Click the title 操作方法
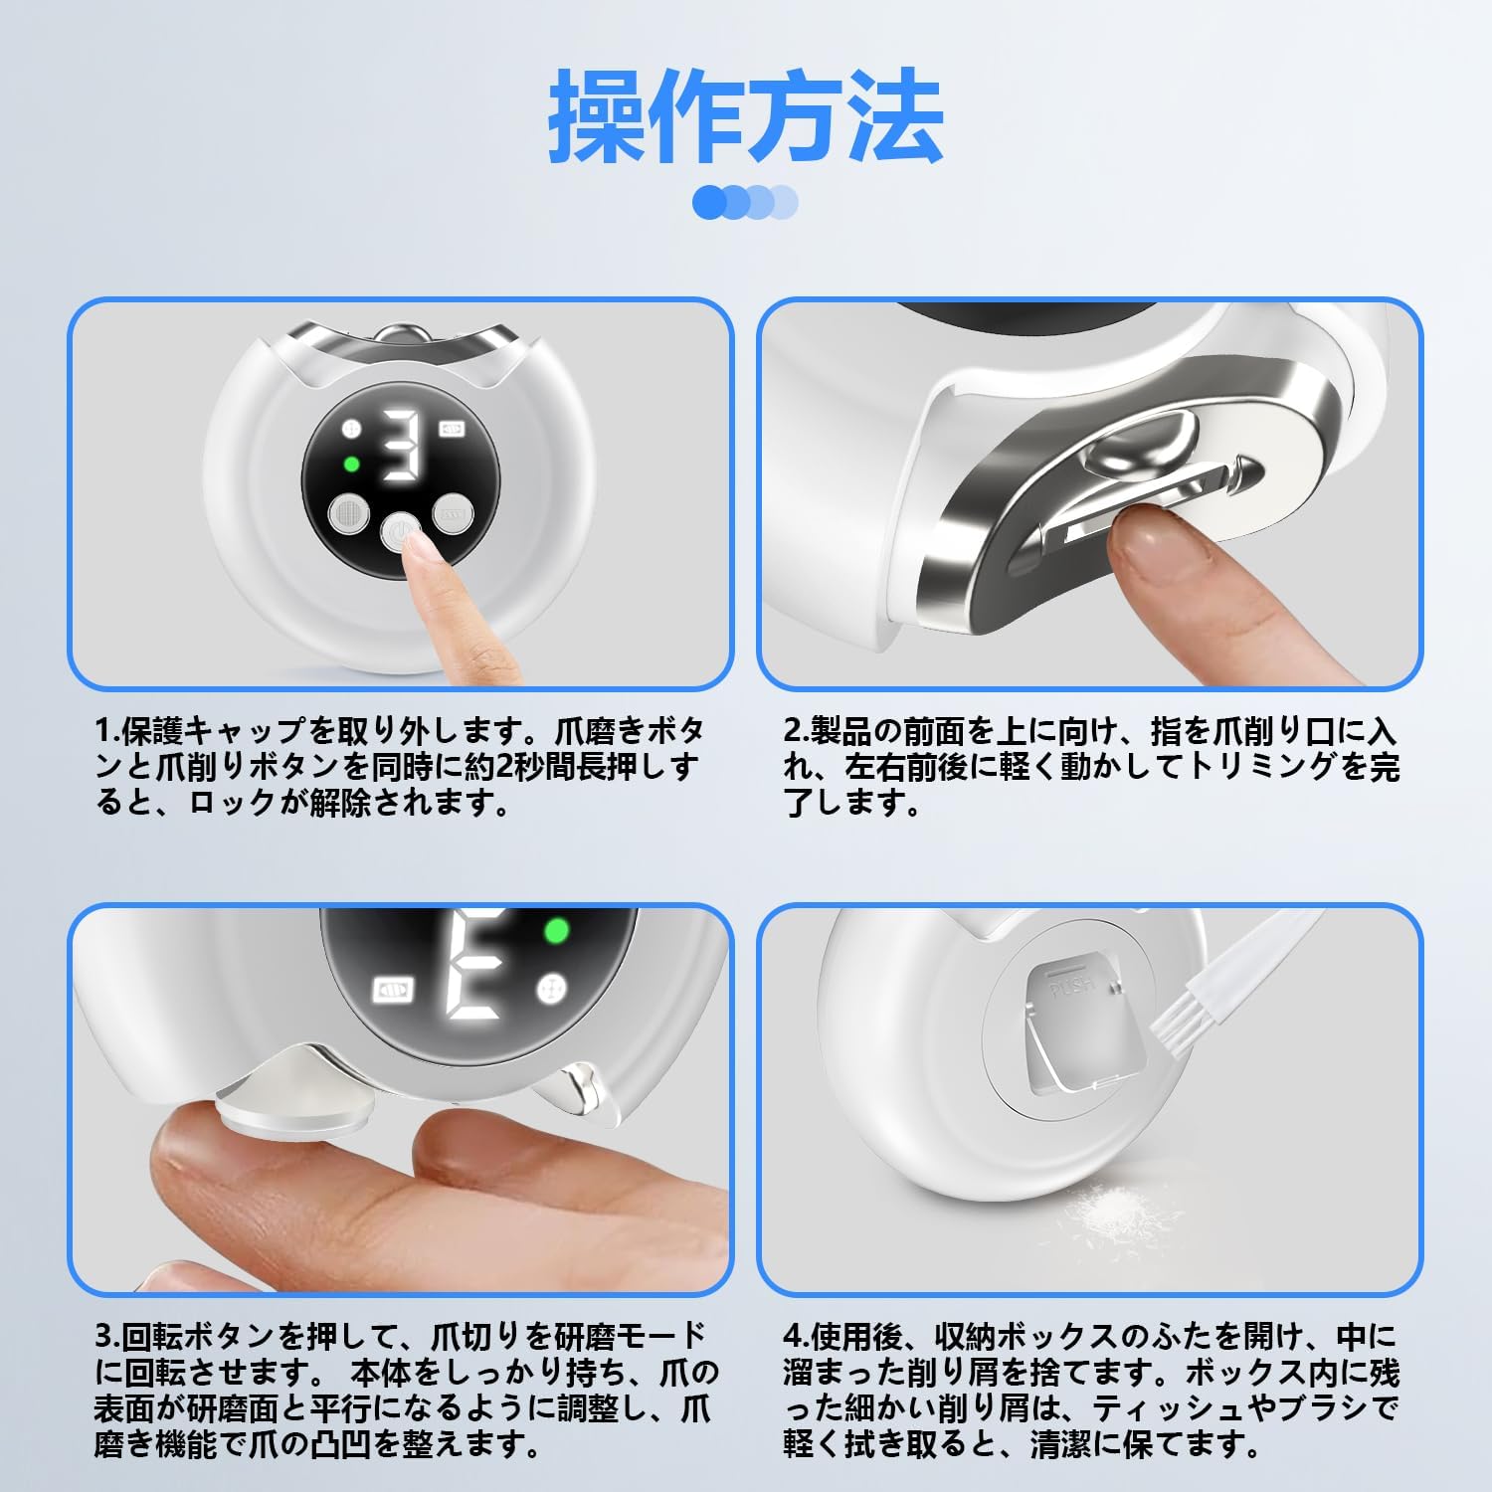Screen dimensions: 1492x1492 click(745, 117)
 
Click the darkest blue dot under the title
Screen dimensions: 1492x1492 click(709, 202)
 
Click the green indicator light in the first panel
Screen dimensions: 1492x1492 click(350, 464)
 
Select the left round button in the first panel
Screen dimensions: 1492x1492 click(348, 514)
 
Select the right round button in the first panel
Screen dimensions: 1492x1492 click(450, 514)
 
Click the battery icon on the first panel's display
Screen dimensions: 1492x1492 click(453, 429)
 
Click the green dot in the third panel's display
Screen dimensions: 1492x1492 click(556, 932)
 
